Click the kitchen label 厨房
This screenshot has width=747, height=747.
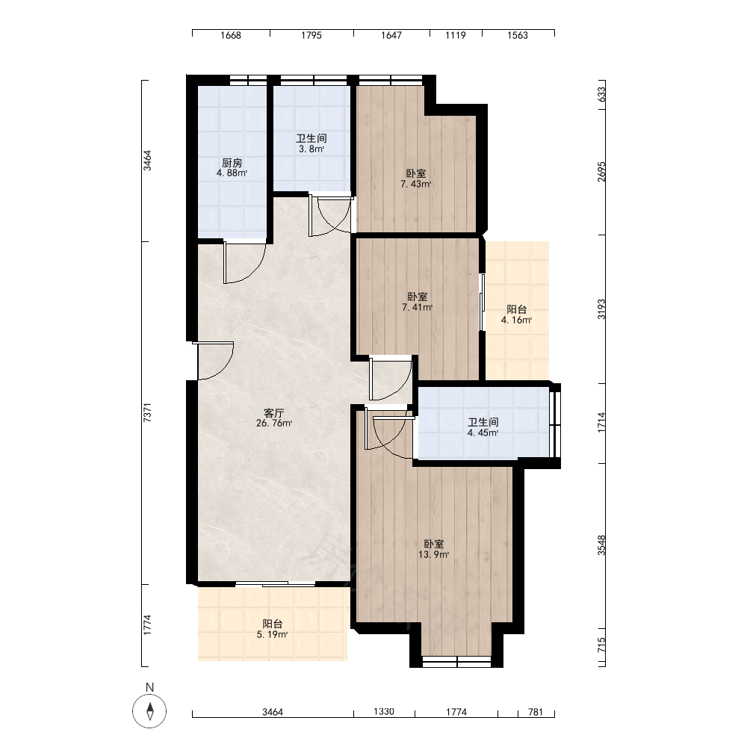click(x=232, y=163)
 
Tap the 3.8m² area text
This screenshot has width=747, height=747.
click(x=311, y=149)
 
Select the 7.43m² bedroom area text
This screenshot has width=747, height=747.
click(x=416, y=185)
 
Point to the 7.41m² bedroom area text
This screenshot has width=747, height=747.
click(x=417, y=308)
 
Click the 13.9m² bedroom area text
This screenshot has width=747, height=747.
click(x=433, y=554)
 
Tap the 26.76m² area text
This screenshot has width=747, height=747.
click(x=274, y=423)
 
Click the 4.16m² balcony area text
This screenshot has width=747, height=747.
click(x=516, y=320)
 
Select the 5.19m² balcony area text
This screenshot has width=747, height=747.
click(x=272, y=634)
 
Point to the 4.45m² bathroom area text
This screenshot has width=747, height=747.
click(x=483, y=433)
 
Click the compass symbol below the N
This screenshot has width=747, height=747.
click(x=149, y=712)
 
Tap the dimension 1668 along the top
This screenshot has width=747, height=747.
click(x=231, y=35)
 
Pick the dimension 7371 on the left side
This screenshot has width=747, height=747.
click(x=148, y=412)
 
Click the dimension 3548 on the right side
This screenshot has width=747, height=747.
click(x=601, y=545)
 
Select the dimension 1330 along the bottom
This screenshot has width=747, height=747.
click(x=383, y=711)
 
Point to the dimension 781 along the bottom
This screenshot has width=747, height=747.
click(x=536, y=712)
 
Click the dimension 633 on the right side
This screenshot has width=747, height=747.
click(x=601, y=94)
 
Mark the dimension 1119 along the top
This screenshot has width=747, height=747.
click(x=456, y=35)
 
